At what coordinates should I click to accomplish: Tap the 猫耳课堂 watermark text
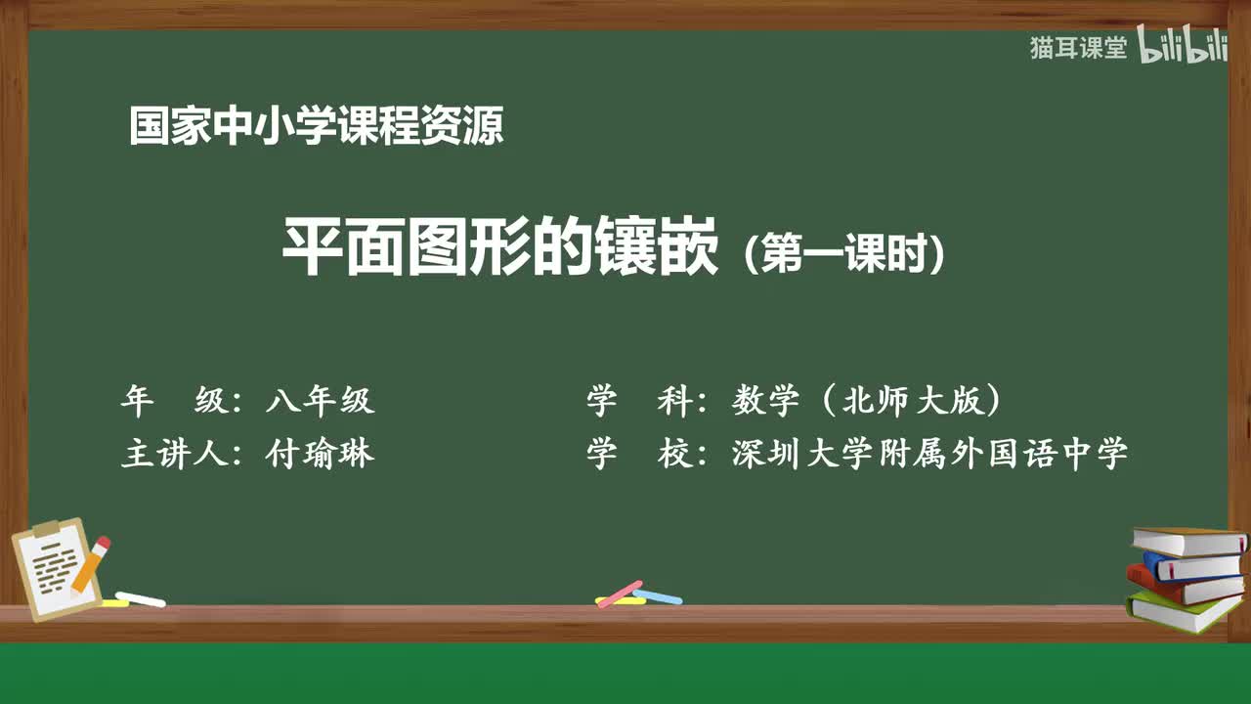(x=1078, y=48)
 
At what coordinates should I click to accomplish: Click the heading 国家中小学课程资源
(x=317, y=127)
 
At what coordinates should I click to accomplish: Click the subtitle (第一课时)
(x=843, y=255)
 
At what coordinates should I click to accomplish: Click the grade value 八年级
(x=320, y=400)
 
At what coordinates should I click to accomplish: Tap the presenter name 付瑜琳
(x=320, y=454)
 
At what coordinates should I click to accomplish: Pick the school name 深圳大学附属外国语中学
(x=929, y=454)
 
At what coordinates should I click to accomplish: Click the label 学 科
(x=640, y=400)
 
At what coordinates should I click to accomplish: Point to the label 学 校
(x=640, y=454)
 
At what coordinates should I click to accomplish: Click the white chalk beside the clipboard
(x=141, y=598)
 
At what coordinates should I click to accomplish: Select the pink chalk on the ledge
(x=620, y=594)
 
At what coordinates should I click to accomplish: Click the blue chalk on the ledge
(x=658, y=595)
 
